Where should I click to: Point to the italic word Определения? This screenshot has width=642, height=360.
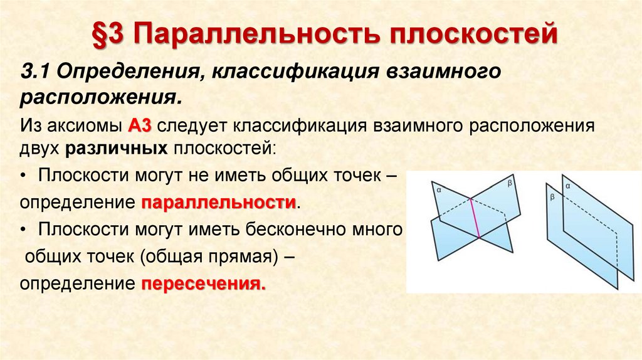(x=127, y=70)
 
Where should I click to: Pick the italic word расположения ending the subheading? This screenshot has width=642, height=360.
(x=100, y=97)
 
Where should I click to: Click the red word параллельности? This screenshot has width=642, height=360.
(x=218, y=203)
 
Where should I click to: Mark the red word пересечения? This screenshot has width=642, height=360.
(x=201, y=283)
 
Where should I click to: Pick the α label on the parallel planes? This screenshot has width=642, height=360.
(x=567, y=186)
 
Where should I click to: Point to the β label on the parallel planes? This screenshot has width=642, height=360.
(x=552, y=196)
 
